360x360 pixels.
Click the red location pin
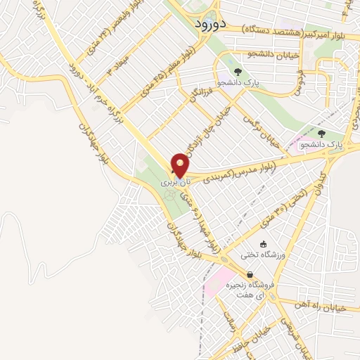181,165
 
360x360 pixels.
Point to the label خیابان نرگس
262,130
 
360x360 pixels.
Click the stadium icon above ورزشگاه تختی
263,245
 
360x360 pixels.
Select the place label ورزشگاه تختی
262,255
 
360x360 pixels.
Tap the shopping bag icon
250,275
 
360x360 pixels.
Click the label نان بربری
176,181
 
